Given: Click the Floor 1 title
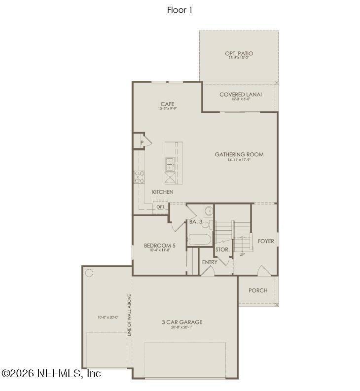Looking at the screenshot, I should (x=180, y=10).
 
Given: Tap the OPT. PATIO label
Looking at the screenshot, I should (x=239, y=53).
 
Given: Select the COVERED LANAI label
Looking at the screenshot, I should (x=241, y=94).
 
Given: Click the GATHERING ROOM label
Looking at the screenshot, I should (x=239, y=154).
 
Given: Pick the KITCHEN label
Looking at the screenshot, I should (x=162, y=192).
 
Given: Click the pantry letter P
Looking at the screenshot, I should (x=142, y=143).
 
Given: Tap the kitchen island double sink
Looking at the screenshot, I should (x=169, y=164).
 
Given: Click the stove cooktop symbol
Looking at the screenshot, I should (x=139, y=177).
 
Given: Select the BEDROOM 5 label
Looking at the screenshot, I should (x=160, y=246).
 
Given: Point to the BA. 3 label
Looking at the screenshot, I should (x=196, y=222).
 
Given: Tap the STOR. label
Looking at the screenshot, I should (x=223, y=249).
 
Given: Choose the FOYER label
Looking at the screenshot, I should (x=266, y=241).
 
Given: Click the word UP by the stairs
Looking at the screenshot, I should (x=242, y=254).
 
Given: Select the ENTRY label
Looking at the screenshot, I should (x=210, y=262).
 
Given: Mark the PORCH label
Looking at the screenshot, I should (x=258, y=290).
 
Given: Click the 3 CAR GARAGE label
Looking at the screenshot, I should (x=182, y=322).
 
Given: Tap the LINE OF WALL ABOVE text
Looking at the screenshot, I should (x=129, y=316).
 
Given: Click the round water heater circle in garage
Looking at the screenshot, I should (x=89, y=273).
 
